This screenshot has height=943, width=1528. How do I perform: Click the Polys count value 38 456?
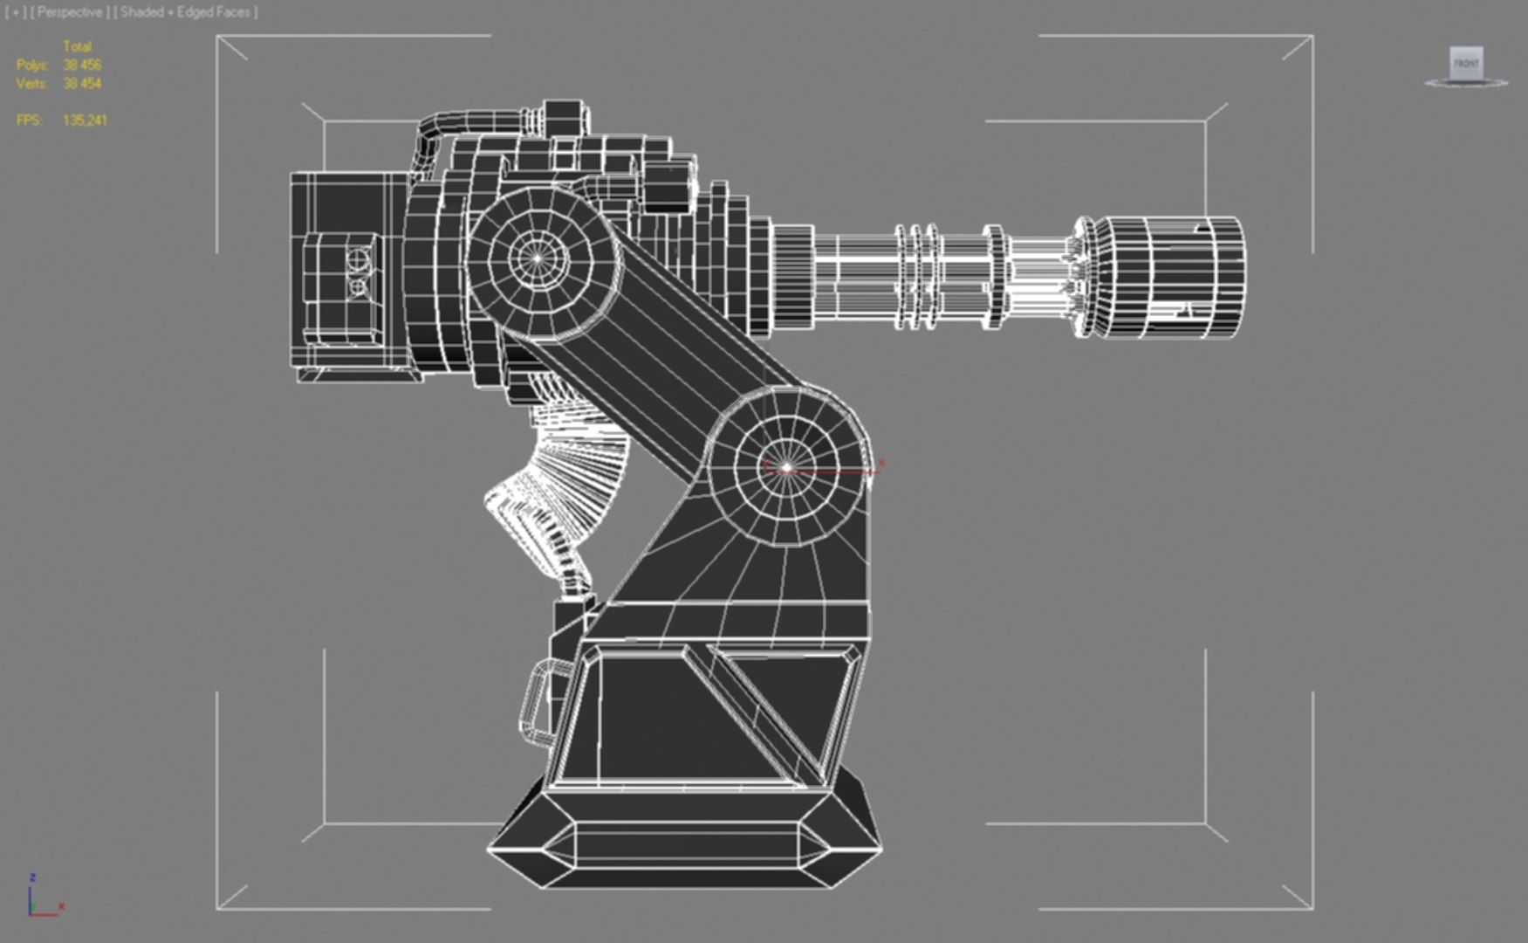[x=82, y=65]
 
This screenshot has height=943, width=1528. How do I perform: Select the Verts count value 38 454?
[x=82, y=84]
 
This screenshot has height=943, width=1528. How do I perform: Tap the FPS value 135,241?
[x=85, y=120]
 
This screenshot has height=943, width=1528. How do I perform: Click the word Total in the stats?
[x=77, y=46]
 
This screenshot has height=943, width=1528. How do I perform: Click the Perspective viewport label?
[x=69, y=12]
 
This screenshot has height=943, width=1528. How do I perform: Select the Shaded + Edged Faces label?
[x=185, y=12]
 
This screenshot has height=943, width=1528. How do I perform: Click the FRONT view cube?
[x=1465, y=64]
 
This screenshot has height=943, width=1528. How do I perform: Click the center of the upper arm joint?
[x=539, y=258]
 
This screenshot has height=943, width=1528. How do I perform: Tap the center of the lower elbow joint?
[x=786, y=468]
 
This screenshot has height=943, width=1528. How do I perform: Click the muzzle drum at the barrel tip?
[x=1169, y=275]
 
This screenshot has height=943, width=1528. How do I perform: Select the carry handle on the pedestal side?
[x=539, y=703]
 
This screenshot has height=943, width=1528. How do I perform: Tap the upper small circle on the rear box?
[x=359, y=259]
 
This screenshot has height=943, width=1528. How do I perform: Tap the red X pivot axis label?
[x=881, y=464]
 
